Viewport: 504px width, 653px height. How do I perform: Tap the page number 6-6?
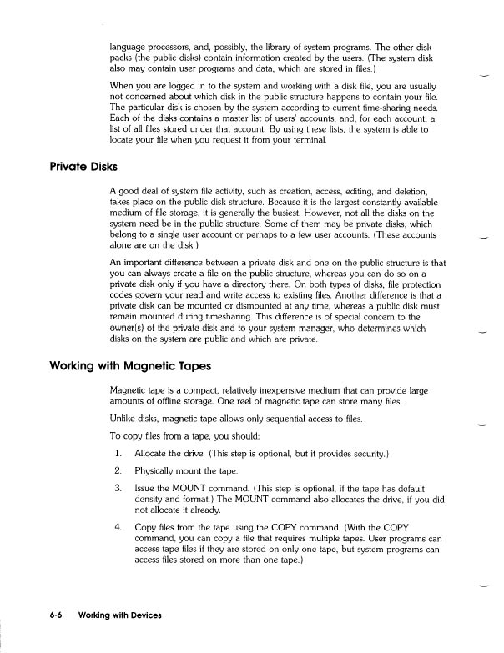[x=56, y=615]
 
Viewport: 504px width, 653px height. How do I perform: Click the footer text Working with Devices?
[x=118, y=615]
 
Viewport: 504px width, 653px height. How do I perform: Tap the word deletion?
[x=406, y=192]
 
